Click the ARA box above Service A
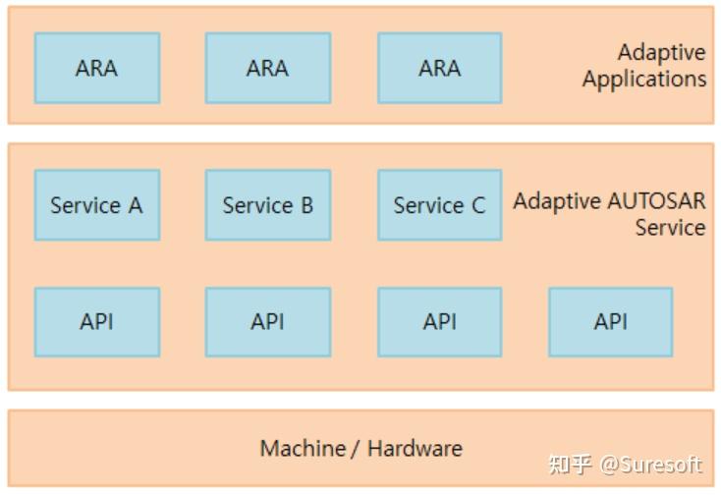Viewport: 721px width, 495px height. [96, 68]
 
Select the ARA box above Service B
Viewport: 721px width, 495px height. [267, 68]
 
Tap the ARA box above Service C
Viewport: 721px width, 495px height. [439, 68]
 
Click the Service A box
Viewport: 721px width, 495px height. [96, 205]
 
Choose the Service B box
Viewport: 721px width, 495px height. [267, 205]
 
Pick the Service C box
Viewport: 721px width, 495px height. [439, 205]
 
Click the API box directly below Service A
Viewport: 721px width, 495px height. [96, 321]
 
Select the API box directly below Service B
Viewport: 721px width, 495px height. [267, 321]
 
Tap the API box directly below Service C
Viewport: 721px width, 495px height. [439, 321]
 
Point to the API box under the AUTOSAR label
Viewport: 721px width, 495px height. [610, 321]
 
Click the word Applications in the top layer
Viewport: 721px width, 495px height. [643, 80]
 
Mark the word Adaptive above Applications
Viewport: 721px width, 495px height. [661, 52]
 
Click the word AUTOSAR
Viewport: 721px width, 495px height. [657, 201]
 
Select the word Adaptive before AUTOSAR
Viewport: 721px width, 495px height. [556, 201]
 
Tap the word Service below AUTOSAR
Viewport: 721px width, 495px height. [669, 228]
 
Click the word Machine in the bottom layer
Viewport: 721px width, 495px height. [303, 449]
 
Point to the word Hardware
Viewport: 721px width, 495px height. [415, 449]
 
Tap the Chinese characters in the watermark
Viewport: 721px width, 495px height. [570, 465]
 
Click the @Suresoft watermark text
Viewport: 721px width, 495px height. [651, 465]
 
